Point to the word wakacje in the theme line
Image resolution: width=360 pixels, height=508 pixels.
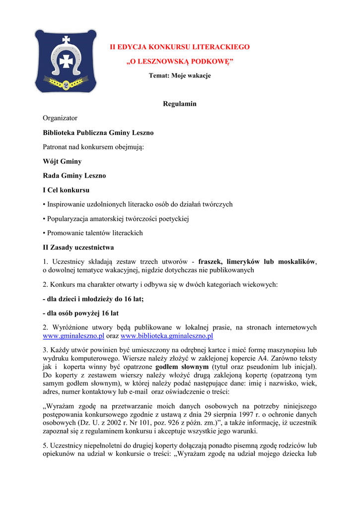coord(199,75)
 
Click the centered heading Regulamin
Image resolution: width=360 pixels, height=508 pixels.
coord(180,104)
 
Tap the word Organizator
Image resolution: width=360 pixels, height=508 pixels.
coord(60,118)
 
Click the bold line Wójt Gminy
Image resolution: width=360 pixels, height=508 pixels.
coord(62,161)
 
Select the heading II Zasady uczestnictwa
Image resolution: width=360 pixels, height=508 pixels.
coord(78,247)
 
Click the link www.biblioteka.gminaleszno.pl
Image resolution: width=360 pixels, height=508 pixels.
coord(170,336)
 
